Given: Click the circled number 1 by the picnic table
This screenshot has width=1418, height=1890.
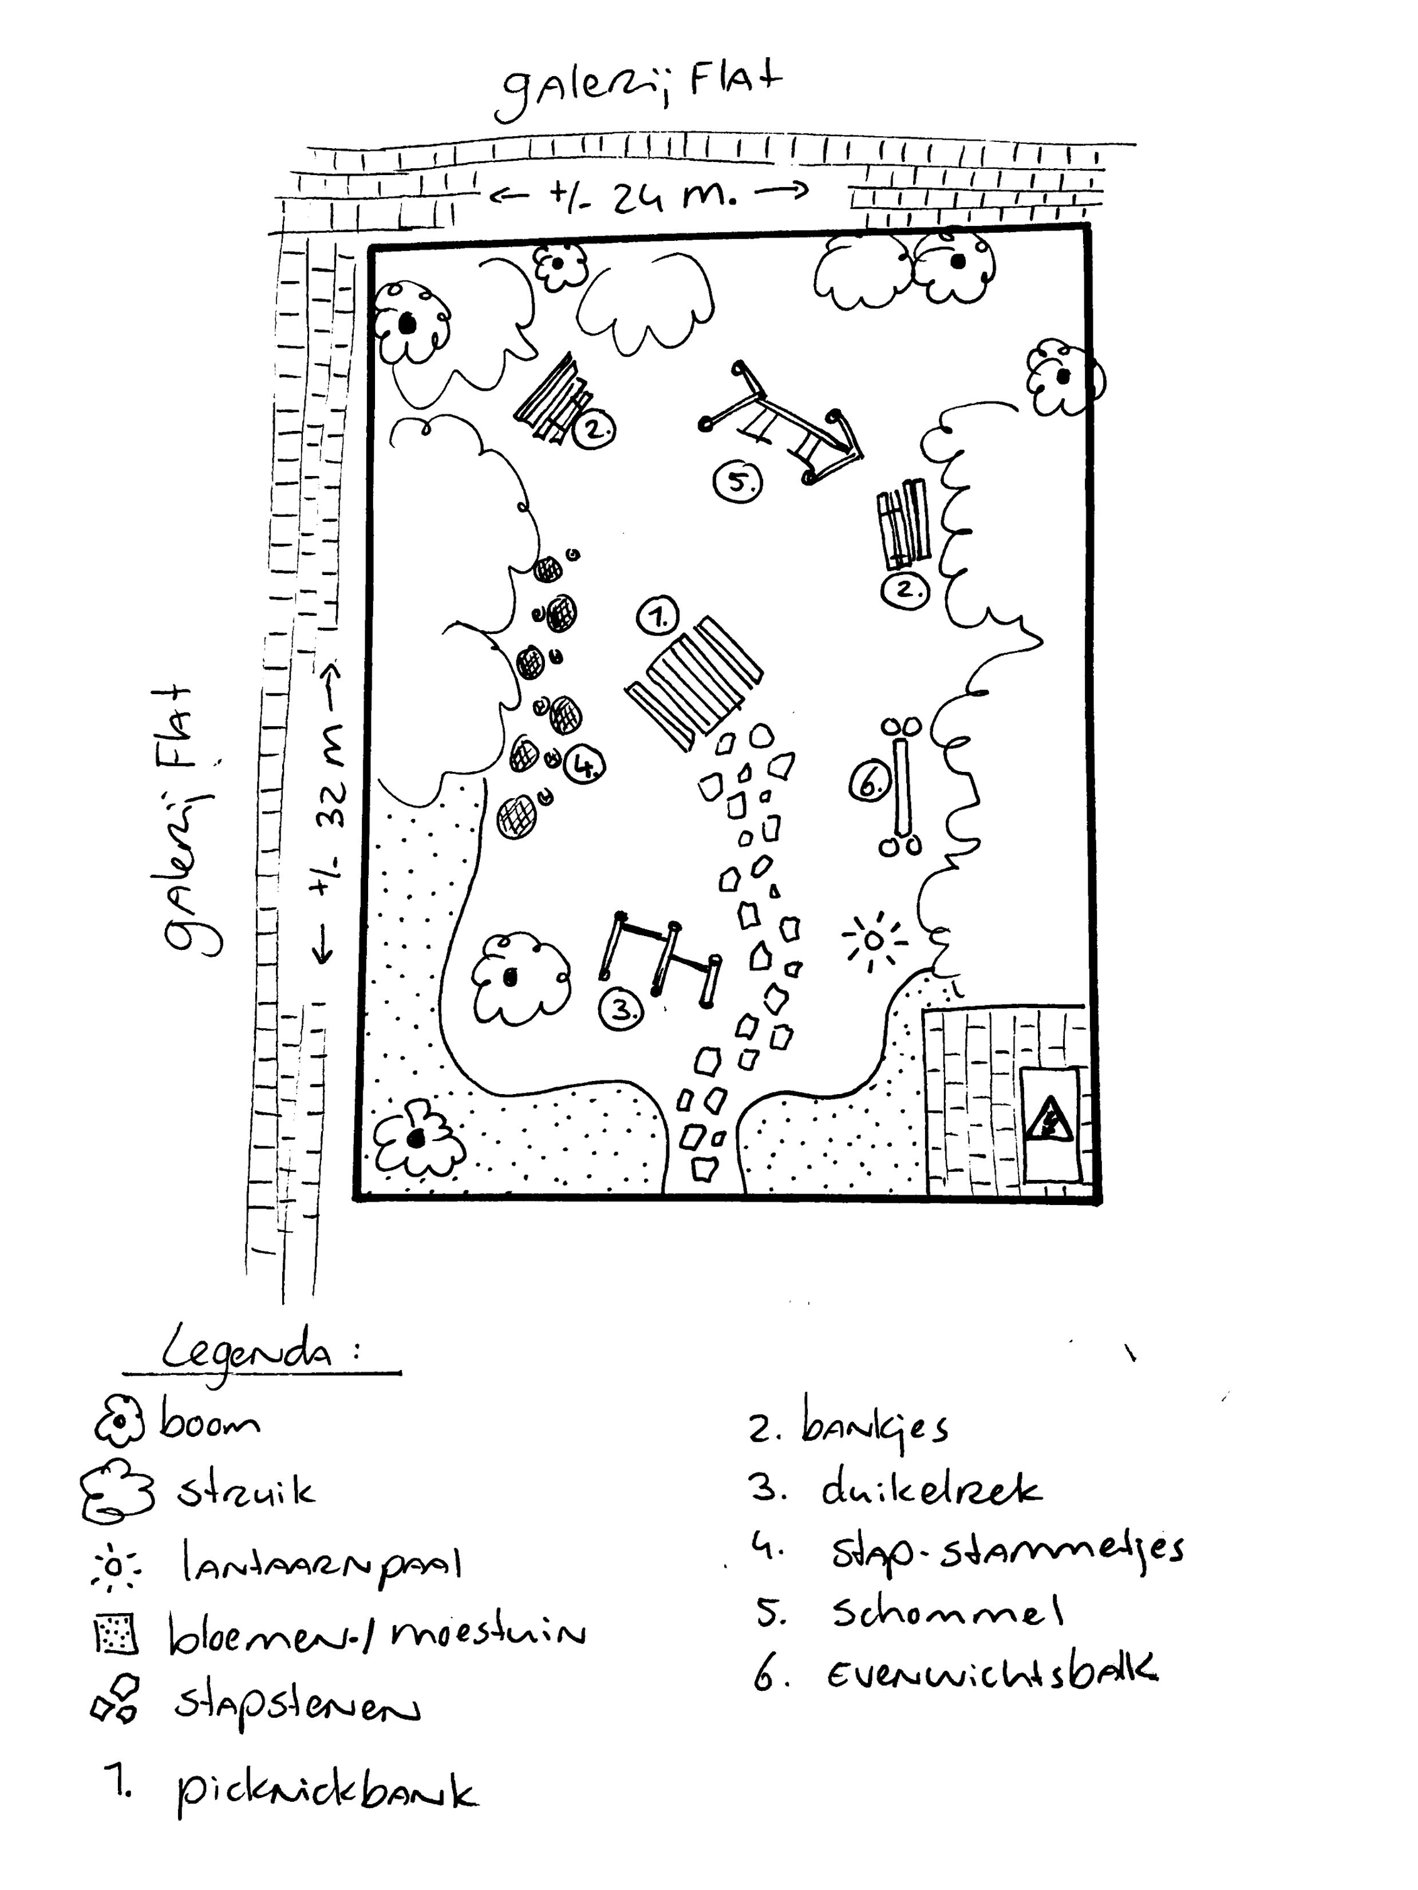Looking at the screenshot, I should [x=657, y=616].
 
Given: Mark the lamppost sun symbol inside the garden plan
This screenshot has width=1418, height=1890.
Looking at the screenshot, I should [x=872, y=941].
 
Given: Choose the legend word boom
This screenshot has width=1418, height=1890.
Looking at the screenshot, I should [x=210, y=1423].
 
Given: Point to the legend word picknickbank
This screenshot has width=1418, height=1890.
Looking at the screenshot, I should [x=325, y=1792].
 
